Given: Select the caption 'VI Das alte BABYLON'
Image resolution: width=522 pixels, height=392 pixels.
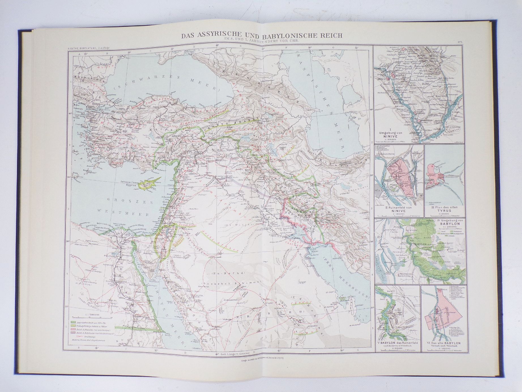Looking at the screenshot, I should point(444,351).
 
